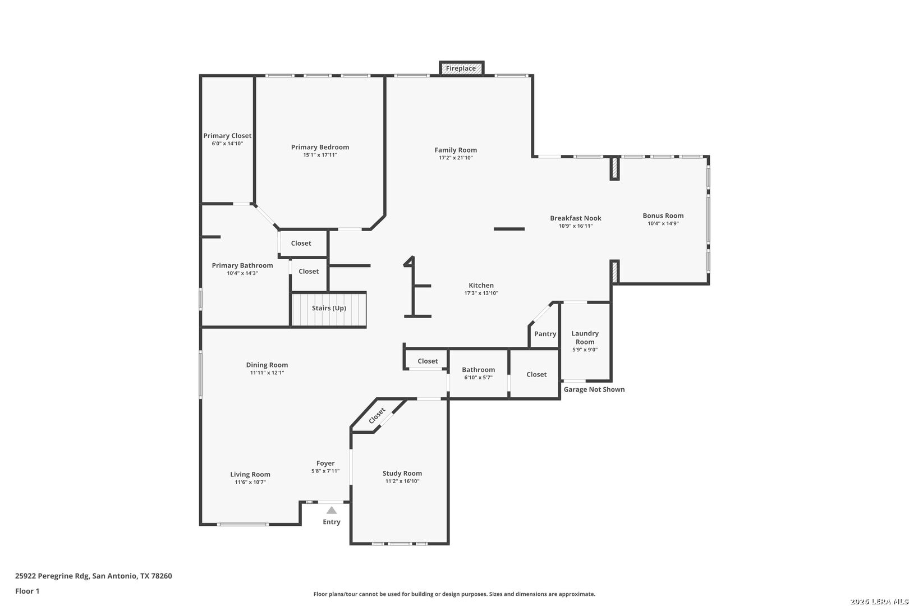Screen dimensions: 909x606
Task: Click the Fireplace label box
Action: tap(461, 68)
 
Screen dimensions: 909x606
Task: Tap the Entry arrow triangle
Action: tap(332, 510)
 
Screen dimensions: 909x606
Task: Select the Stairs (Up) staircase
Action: tap(329, 309)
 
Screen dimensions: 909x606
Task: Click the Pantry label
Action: tap(545, 334)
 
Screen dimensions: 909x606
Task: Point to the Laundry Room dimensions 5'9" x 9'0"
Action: tap(585, 350)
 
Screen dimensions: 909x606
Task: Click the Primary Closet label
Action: tap(227, 136)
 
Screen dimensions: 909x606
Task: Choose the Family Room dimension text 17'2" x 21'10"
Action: tap(456, 158)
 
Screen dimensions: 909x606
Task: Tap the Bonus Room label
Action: tap(663, 215)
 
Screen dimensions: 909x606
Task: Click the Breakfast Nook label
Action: tap(576, 218)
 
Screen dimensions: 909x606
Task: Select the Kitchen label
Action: tap(481, 286)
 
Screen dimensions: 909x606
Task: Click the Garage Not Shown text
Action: tap(594, 389)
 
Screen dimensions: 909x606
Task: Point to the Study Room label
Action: tap(402, 473)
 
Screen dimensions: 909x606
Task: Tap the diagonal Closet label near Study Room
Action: tap(377, 416)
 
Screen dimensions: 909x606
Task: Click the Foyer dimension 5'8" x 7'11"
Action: tap(325, 471)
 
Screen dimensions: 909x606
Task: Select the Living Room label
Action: tap(250, 475)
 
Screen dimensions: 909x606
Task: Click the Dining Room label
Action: tap(267, 365)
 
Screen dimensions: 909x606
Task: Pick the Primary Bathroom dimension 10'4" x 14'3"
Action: tap(242, 273)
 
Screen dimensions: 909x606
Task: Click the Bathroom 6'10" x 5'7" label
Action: tap(479, 374)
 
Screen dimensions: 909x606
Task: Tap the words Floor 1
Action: tap(27, 591)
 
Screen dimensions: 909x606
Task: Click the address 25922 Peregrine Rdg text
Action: tap(52, 576)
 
